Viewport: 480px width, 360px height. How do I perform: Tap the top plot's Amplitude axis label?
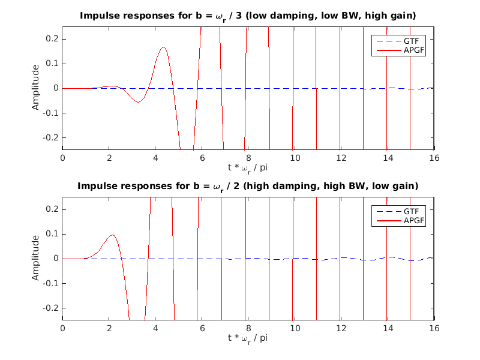tap(35, 88)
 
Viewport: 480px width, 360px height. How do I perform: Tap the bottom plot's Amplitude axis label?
tap(35, 259)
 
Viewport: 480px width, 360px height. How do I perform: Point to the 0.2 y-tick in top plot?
tap(52, 39)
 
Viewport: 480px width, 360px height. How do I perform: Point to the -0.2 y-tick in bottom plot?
tap(50, 308)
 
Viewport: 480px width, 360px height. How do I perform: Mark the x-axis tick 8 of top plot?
tap(248, 158)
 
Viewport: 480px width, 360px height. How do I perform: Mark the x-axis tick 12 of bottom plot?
tap(341, 328)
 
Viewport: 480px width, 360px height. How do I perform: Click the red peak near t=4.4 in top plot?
tap(164, 47)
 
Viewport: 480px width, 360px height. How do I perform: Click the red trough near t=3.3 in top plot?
tap(139, 102)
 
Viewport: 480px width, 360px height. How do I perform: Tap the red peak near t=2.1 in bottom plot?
tap(111, 235)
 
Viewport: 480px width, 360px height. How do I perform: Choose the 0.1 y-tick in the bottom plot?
tap(52, 234)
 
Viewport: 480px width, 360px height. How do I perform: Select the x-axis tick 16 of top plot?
tap(434, 158)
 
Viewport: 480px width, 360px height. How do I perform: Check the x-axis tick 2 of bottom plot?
tap(109, 328)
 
